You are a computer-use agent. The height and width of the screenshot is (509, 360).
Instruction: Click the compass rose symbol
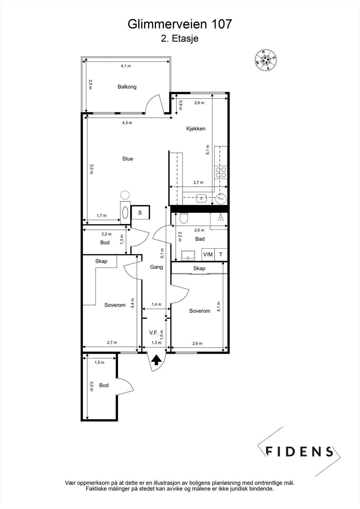click(x=265, y=60)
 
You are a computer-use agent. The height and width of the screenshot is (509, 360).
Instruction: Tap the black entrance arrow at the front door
click(x=156, y=360)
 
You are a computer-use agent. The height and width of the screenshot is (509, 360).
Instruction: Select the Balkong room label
click(x=127, y=87)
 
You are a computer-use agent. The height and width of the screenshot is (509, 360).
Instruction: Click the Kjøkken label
click(x=195, y=129)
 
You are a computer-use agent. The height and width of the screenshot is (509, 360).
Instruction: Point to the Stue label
click(x=128, y=159)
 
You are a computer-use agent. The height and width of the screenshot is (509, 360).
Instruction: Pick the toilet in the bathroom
click(x=184, y=218)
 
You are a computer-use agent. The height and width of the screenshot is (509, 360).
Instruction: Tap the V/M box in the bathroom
click(x=208, y=254)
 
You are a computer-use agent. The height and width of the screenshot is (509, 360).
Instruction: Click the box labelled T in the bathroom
click(x=221, y=254)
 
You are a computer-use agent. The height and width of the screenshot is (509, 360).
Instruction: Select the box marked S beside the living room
click(x=140, y=213)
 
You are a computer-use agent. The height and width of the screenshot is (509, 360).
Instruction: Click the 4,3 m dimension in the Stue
click(x=127, y=123)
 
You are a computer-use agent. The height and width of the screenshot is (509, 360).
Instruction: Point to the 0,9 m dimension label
click(x=180, y=105)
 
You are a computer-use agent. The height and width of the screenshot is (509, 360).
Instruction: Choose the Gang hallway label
click(x=156, y=267)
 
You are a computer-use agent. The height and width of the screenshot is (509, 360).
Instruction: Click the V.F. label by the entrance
click(x=153, y=333)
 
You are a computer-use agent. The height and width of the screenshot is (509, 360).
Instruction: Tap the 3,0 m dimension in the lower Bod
click(x=91, y=386)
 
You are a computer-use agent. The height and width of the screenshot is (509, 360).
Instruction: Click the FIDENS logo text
click(x=299, y=451)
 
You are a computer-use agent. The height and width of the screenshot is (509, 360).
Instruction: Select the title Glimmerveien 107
click(x=180, y=24)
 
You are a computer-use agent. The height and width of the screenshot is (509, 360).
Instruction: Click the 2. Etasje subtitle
click(x=180, y=38)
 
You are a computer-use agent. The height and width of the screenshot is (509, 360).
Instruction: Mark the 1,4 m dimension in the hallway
click(x=157, y=304)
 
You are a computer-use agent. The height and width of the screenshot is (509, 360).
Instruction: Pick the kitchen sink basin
click(x=201, y=199)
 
